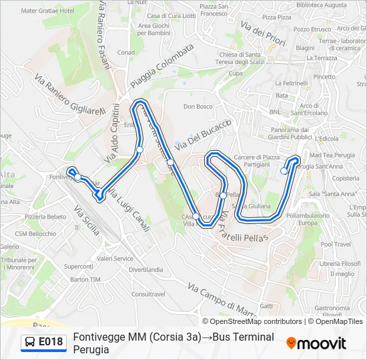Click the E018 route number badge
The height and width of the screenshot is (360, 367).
point(45,343)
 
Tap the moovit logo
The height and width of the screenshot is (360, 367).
point(316,343)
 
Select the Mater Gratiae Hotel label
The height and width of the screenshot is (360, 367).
point(47,11)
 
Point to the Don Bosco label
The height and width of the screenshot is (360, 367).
point(198,107)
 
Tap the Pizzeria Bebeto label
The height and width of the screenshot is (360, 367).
point(45,217)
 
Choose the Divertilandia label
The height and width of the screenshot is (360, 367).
point(145,269)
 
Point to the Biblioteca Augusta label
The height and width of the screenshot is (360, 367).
point(321,5)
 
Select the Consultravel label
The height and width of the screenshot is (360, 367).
point(148,293)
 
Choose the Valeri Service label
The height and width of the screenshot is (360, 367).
point(115,258)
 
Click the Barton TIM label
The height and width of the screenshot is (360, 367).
point(85,279)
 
